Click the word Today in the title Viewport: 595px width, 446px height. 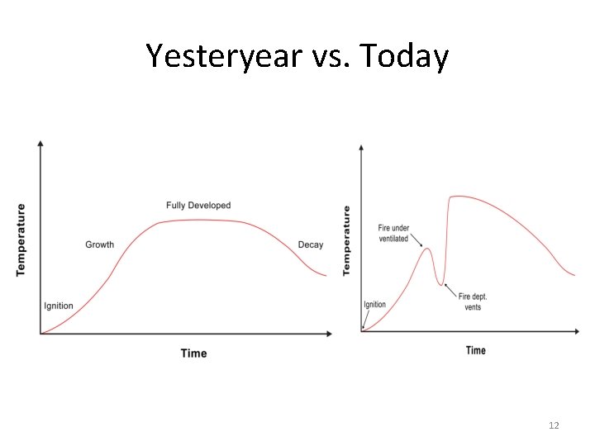407,56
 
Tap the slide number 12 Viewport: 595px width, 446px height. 554,425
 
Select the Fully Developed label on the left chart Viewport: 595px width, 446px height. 198,205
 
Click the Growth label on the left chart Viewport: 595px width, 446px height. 100,244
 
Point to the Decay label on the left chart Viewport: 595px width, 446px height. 311,244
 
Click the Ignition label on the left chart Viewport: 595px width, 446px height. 58,306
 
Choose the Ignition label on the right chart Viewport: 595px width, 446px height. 375,304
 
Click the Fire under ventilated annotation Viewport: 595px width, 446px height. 393,233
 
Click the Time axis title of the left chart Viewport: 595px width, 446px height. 193,353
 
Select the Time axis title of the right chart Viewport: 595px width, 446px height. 476,350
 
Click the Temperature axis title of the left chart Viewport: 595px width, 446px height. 21,240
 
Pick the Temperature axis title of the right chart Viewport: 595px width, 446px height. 346,240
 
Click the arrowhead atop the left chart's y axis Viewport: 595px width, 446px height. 40,145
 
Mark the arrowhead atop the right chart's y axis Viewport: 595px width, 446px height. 362,148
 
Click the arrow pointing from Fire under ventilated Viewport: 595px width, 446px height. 416,241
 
